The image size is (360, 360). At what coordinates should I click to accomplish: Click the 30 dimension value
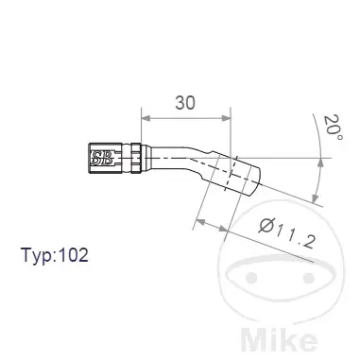(x=185, y=103)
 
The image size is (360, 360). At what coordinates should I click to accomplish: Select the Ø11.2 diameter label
(x=287, y=231)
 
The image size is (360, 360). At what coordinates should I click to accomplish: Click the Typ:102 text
(x=55, y=255)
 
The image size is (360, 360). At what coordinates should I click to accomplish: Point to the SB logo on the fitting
(x=101, y=158)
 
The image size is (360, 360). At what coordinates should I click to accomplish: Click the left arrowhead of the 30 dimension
(x=146, y=118)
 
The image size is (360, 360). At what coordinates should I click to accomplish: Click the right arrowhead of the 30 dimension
(x=227, y=118)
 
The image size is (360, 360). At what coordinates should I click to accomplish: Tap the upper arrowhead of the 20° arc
(x=320, y=163)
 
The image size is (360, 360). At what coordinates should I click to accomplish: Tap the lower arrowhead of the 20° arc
(x=315, y=198)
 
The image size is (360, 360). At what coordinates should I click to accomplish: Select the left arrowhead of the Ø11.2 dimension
(x=200, y=222)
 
